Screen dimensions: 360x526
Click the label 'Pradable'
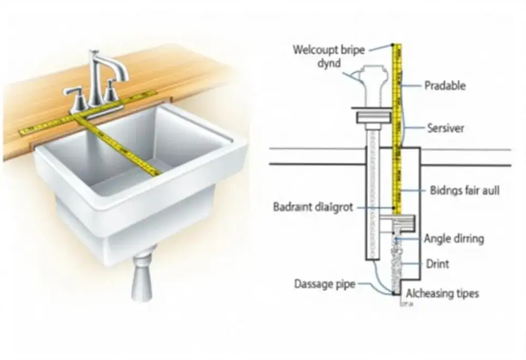(444, 85)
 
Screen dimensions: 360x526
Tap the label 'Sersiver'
(445, 128)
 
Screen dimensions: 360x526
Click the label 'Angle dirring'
(453, 238)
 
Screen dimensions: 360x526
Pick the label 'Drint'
(437, 263)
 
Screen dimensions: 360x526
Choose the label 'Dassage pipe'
(324, 285)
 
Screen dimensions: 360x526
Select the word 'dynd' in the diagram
(329, 64)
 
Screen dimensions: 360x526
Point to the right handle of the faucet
(111, 92)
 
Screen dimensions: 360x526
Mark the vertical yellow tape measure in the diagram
(398, 132)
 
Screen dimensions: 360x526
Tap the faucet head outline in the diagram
(374, 79)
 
